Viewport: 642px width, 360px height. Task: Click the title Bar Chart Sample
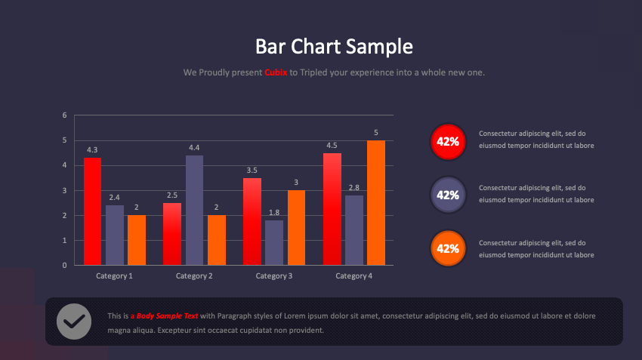coord(334,47)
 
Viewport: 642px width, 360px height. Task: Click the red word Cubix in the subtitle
coord(276,73)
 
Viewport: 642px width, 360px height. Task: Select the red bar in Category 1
coord(92,211)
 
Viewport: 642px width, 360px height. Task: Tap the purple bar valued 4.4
coord(194,210)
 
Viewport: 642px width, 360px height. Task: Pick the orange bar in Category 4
coord(376,202)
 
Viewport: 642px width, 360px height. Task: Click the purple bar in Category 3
coord(274,242)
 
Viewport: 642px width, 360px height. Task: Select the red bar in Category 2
coord(172,234)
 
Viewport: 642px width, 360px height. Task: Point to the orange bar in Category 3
coord(296,227)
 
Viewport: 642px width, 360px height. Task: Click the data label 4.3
coord(92,150)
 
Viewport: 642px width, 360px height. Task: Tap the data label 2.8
coord(354,188)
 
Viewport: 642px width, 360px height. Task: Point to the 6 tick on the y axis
coord(65,115)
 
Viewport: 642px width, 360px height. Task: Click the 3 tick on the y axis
coord(65,190)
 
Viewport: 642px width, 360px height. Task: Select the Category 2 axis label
coord(194,276)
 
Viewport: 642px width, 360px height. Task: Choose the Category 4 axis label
coord(354,276)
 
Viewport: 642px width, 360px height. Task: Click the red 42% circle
coord(448,141)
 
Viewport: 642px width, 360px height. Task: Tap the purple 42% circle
coord(448,195)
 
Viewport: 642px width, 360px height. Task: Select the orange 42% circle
coord(448,248)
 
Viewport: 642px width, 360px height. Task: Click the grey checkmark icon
coord(74,322)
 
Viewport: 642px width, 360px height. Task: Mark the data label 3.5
coord(252,171)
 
